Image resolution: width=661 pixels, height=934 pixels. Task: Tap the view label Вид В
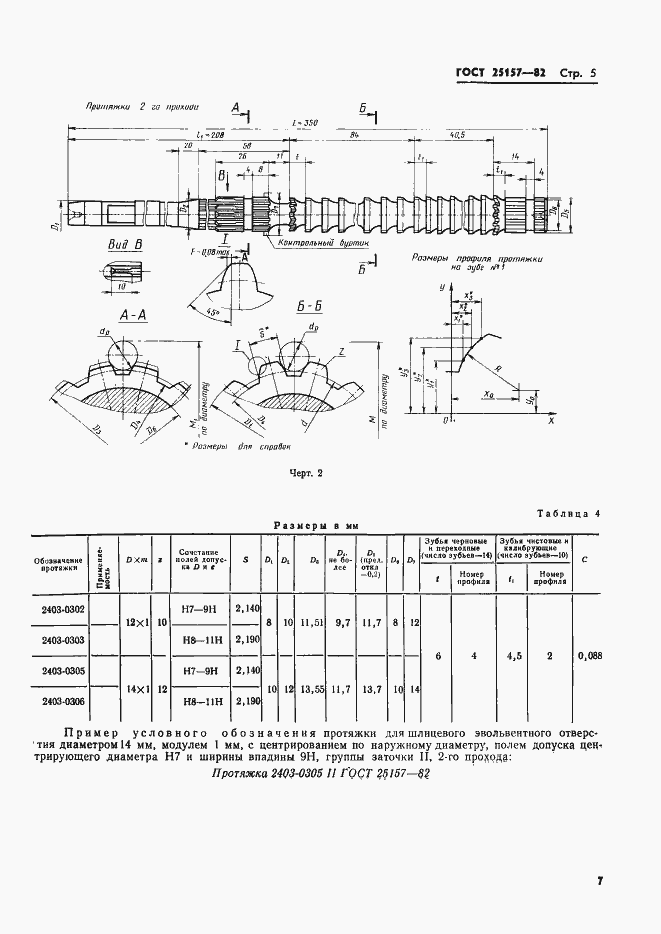coord(125,244)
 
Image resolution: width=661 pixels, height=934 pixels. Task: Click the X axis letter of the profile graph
coord(551,423)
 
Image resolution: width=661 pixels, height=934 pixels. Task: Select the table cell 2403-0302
coord(62,609)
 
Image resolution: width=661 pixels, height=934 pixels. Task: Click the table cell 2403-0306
coord(62,702)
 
